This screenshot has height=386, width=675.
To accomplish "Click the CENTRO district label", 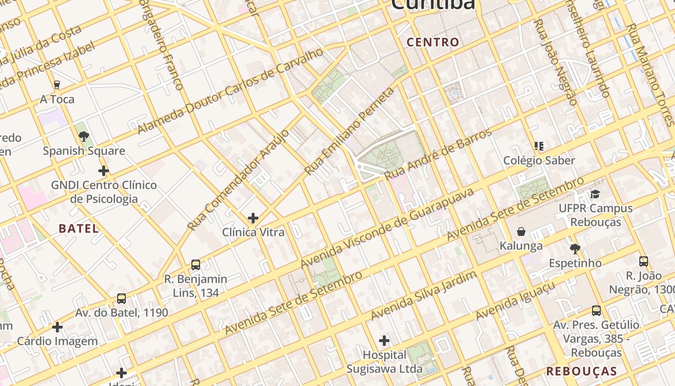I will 432,42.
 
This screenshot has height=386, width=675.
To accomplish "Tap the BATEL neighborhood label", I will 79,229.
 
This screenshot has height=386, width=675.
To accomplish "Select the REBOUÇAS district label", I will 581,371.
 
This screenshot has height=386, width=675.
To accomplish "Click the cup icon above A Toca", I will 57,85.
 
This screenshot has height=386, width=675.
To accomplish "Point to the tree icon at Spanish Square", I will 84,137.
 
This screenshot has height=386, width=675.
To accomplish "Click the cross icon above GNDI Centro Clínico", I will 103,171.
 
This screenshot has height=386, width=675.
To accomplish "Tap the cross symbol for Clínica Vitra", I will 253,218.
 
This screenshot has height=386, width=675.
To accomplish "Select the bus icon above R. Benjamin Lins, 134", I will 195,265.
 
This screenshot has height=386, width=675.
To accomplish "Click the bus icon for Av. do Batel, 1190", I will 121,299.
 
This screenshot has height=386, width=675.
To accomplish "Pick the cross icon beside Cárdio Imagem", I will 57,327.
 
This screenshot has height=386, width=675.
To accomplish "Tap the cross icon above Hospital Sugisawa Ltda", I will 384,341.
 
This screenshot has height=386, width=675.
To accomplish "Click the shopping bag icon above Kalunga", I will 521,232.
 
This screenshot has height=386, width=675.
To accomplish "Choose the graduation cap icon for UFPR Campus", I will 595,194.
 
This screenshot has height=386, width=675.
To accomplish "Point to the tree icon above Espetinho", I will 575,249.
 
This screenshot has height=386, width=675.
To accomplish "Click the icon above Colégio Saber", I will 539,146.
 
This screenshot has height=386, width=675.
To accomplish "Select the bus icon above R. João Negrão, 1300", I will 643,262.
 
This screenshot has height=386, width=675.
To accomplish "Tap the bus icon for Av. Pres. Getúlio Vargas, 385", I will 596,311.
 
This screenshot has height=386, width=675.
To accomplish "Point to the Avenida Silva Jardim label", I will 424,295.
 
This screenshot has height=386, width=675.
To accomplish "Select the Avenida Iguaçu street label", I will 515,301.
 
